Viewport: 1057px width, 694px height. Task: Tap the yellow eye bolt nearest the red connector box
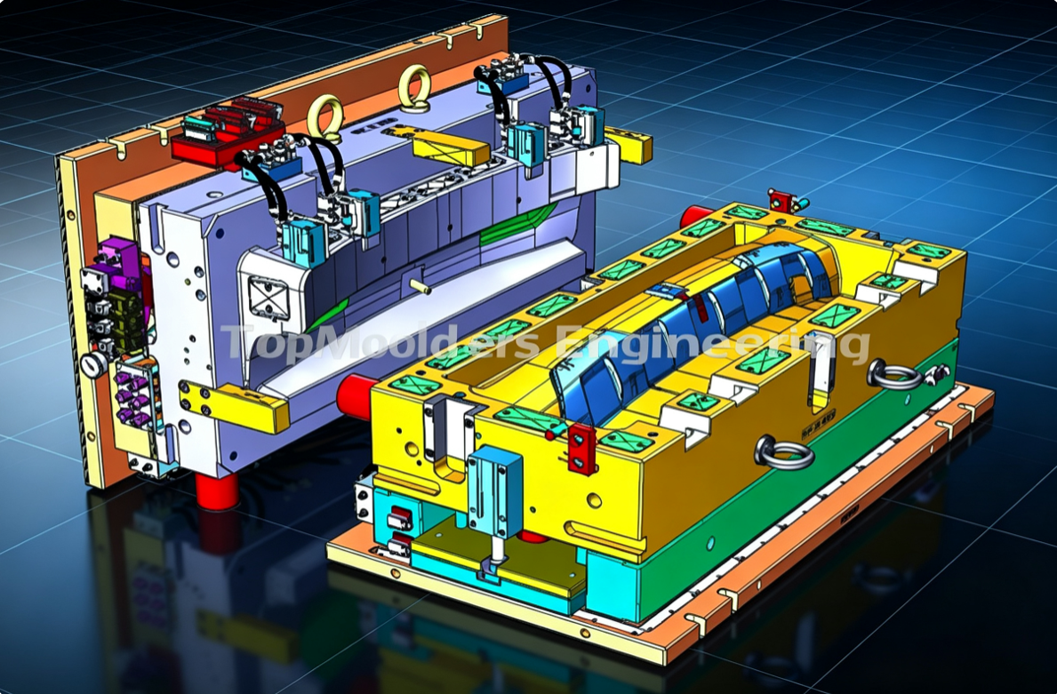(324, 118)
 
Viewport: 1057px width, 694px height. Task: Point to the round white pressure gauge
(92, 365)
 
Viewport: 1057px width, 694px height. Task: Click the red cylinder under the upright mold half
(217, 490)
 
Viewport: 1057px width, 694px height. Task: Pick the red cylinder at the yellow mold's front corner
(356, 396)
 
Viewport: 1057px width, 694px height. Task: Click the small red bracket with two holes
(581, 448)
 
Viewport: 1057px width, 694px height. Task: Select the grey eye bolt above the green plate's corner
(782, 452)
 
